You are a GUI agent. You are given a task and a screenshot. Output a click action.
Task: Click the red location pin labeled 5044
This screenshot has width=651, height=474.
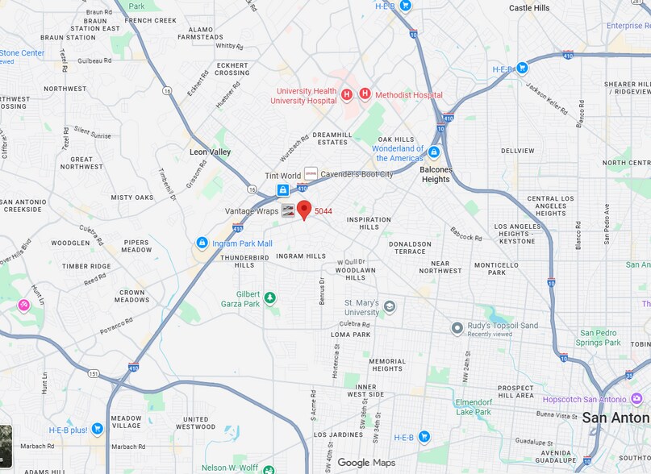click(x=304, y=210)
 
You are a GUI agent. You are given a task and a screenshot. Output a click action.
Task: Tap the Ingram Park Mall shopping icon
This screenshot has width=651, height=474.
click(x=202, y=243)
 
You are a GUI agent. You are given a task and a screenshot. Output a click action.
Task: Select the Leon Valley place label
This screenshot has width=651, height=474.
click(x=210, y=152)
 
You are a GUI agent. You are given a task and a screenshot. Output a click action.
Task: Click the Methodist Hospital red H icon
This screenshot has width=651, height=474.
click(x=365, y=94)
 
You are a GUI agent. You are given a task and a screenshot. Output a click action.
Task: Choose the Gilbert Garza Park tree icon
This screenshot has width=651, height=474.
click(x=269, y=298)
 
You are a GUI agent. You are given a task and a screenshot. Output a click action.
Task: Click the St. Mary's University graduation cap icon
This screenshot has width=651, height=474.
click(x=390, y=306)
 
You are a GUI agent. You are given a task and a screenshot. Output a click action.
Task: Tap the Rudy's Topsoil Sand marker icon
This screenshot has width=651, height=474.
click(x=457, y=329)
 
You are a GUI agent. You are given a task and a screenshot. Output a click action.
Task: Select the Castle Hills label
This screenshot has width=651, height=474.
click(x=529, y=7)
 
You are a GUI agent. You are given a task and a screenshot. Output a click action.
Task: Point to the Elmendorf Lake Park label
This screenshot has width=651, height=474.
click(x=473, y=407)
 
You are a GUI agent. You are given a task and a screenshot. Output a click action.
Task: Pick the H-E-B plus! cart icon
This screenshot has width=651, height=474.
click(x=97, y=429)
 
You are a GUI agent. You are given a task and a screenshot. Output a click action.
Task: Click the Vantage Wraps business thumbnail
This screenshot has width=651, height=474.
click(x=288, y=211)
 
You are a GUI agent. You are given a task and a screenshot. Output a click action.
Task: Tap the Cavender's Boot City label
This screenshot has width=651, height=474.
click(x=357, y=174)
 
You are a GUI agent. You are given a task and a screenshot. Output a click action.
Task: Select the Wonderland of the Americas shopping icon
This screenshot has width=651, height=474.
click(x=434, y=152)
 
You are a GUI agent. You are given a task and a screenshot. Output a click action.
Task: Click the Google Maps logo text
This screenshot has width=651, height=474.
click(x=365, y=463)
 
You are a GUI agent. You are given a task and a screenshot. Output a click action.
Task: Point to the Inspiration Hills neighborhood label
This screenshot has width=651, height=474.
click(x=369, y=223)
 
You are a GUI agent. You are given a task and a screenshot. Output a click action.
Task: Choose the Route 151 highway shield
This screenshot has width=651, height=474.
click(x=94, y=373)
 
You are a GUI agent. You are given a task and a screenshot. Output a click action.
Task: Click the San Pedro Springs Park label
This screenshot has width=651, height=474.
click(x=598, y=337)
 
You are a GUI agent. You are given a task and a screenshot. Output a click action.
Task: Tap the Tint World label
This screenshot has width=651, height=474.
click(x=282, y=176)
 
